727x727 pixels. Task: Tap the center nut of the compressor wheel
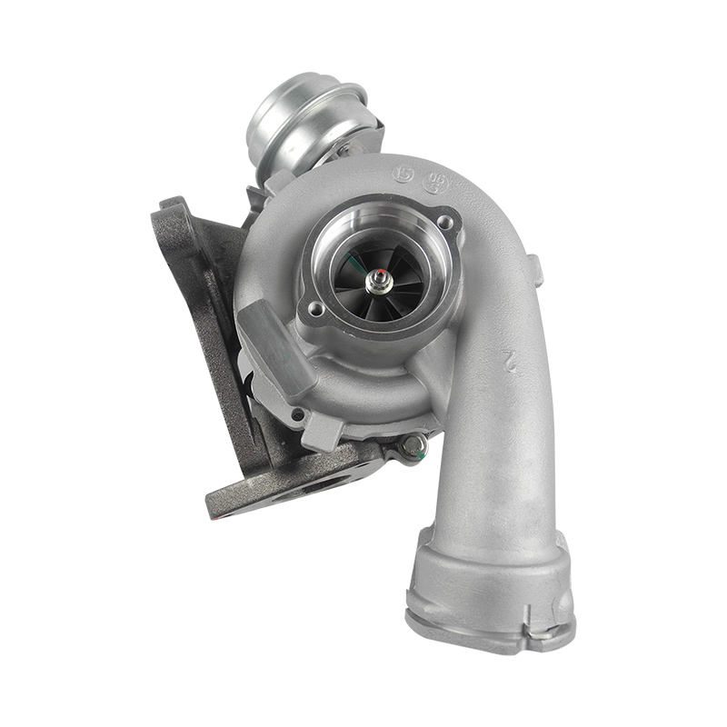(373, 283)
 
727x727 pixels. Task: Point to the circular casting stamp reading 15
(403, 172)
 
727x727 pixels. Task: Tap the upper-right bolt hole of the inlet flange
(446, 221)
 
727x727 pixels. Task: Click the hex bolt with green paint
(414, 444)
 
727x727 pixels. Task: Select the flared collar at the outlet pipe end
(491, 582)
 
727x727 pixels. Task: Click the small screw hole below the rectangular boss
(296, 414)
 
